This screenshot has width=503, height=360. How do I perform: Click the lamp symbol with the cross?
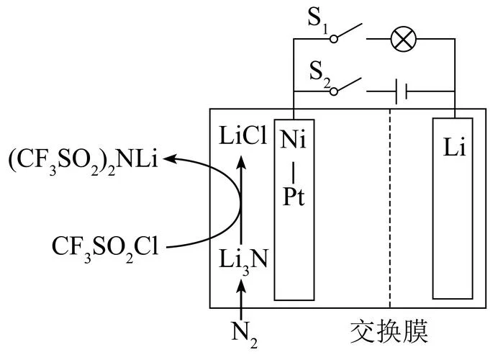click(404, 39)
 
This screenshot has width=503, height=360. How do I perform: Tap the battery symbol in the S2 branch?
click(402, 91)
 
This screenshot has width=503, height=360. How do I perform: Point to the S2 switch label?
click(320, 74)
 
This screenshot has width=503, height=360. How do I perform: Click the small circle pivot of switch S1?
click(334, 39)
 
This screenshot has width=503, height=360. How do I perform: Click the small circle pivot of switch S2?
click(334, 91)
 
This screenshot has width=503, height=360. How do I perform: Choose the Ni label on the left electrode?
click(293, 139)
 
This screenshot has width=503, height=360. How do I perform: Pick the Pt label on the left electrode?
click(294, 197)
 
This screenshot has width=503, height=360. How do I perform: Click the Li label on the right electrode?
click(454, 147)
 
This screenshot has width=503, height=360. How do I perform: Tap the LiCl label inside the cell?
click(243, 135)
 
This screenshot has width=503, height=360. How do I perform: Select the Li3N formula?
click(243, 261)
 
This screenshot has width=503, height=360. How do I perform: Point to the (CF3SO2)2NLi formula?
click(83, 160)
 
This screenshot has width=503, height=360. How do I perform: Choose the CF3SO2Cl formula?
click(105, 248)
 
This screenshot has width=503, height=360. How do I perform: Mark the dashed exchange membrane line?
click(390, 209)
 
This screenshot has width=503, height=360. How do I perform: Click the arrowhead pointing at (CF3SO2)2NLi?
click(169, 158)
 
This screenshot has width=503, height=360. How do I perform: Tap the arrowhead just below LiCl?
click(241, 161)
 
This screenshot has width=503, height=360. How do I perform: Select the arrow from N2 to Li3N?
click(241, 299)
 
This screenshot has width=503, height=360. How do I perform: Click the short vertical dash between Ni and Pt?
click(294, 173)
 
